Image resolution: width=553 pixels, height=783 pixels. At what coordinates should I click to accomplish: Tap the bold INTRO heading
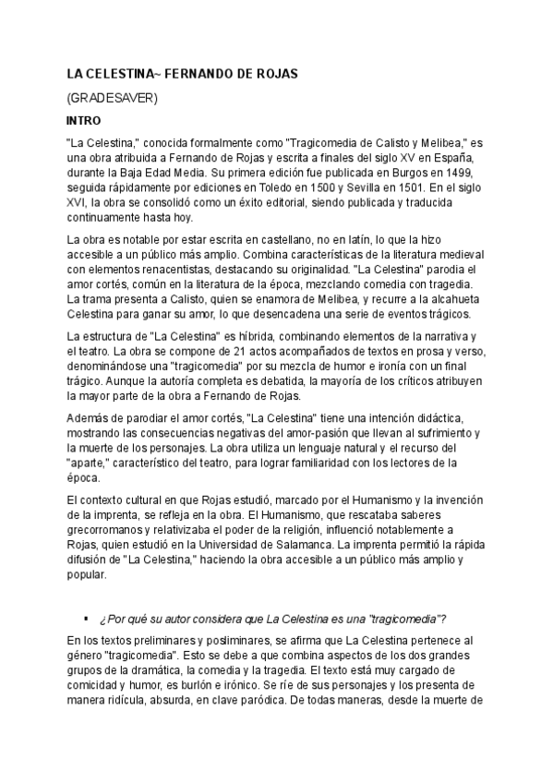(x=83, y=120)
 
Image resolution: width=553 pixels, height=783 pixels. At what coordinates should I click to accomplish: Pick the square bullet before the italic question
(x=85, y=617)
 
